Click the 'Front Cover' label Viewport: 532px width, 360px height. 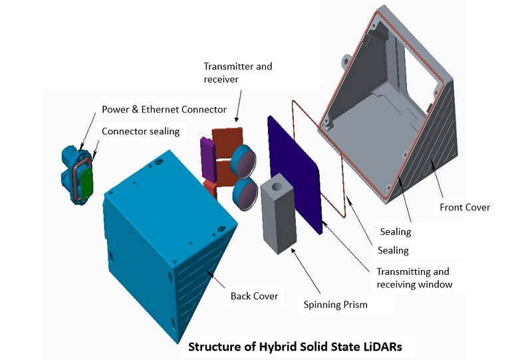coord(465,208)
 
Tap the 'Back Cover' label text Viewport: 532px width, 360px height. coord(255,295)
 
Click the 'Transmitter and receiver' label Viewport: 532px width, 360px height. coord(238,73)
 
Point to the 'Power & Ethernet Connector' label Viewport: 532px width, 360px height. coord(164,109)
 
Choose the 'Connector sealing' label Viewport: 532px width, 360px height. coord(140,131)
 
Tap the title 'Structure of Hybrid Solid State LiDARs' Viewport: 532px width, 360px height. coord(300,347)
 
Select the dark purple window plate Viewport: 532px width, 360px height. coord(296,170)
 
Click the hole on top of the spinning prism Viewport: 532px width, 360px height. coord(277,182)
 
